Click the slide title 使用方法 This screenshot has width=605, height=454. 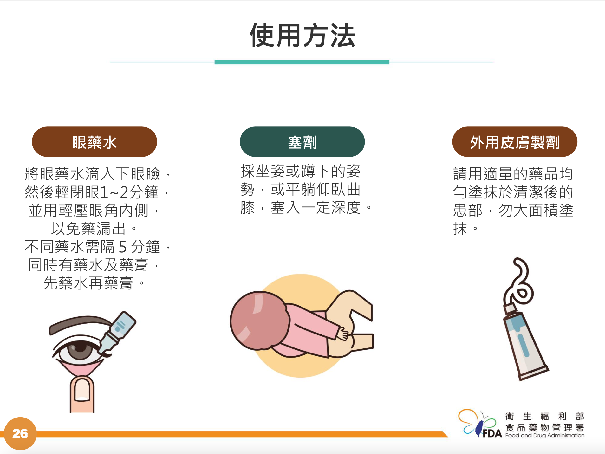pos(302,36)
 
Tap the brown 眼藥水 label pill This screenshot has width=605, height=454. pos(94,142)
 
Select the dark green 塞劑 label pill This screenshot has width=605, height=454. pos(302,142)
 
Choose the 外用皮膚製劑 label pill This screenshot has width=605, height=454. pos(515,142)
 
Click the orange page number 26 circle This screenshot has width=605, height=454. pos(20,433)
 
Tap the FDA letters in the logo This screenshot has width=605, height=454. pos(492,433)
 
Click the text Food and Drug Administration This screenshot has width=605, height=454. pos(545,435)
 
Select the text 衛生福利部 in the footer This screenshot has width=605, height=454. pos(544,416)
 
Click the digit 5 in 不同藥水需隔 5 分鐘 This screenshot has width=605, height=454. pos(122,247)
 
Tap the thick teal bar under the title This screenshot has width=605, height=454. pos(302,62)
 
